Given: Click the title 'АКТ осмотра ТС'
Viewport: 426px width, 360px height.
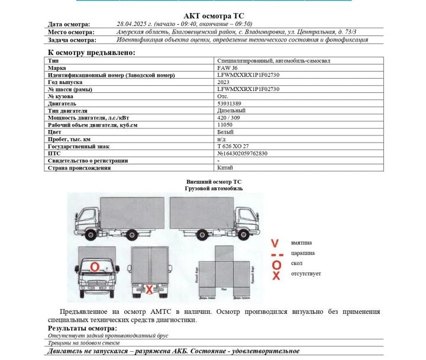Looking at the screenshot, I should tap(213, 15).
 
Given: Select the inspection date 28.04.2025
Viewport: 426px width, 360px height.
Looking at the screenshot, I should tap(134, 24).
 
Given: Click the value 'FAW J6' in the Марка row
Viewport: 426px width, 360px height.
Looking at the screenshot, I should tap(228, 68).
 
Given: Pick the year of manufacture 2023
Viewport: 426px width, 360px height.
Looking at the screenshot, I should tap(224, 82).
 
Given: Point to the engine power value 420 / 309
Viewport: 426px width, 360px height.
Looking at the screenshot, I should tap(229, 118).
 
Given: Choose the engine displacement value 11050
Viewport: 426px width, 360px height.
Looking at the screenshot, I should tap(225, 125).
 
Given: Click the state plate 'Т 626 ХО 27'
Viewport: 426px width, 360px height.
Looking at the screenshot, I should tap(233, 146).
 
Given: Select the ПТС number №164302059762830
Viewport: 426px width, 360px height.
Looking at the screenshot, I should tap(243, 153).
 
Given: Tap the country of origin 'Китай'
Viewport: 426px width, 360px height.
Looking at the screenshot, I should tap(225, 167).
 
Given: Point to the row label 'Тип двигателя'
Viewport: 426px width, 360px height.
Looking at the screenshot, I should tap(67, 111).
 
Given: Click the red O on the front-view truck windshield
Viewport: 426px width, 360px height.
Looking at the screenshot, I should tap(95, 267).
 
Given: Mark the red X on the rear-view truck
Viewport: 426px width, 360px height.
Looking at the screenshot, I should tap(150, 289).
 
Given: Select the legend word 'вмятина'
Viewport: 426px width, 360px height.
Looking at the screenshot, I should tap(301, 243).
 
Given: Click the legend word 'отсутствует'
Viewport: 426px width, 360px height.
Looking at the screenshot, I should tap(306, 274).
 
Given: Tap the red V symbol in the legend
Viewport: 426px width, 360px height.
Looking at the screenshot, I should tap(275, 243).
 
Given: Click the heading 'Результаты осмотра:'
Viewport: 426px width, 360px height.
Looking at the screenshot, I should tap(82, 328).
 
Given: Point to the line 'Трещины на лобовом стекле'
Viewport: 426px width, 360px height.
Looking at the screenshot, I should tap(84, 342).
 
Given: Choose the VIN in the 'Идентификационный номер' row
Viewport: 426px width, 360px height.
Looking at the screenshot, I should tap(248, 75).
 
